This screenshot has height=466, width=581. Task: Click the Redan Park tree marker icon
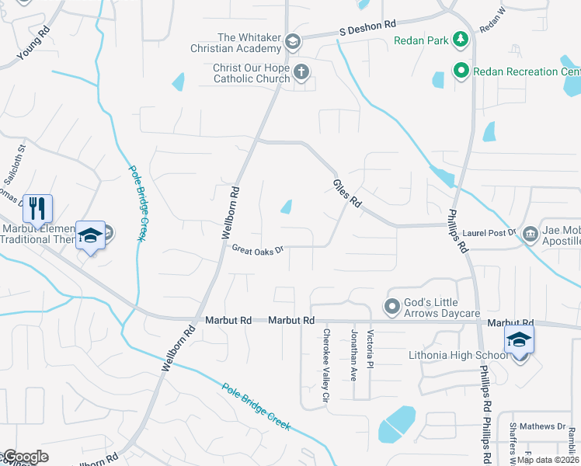(461, 38)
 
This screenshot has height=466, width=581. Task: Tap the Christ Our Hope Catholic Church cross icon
(301, 72)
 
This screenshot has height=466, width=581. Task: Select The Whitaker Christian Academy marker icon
(292, 41)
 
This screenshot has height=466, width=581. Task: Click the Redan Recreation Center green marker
(461, 71)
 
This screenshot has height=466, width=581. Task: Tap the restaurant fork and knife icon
(37, 208)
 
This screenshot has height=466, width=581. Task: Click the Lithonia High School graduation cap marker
(519, 340)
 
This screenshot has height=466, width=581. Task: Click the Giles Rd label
(347, 191)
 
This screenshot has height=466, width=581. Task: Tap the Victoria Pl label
(371, 348)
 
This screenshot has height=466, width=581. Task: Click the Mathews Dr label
(542, 426)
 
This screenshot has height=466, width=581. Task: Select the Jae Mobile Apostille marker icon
(531, 233)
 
